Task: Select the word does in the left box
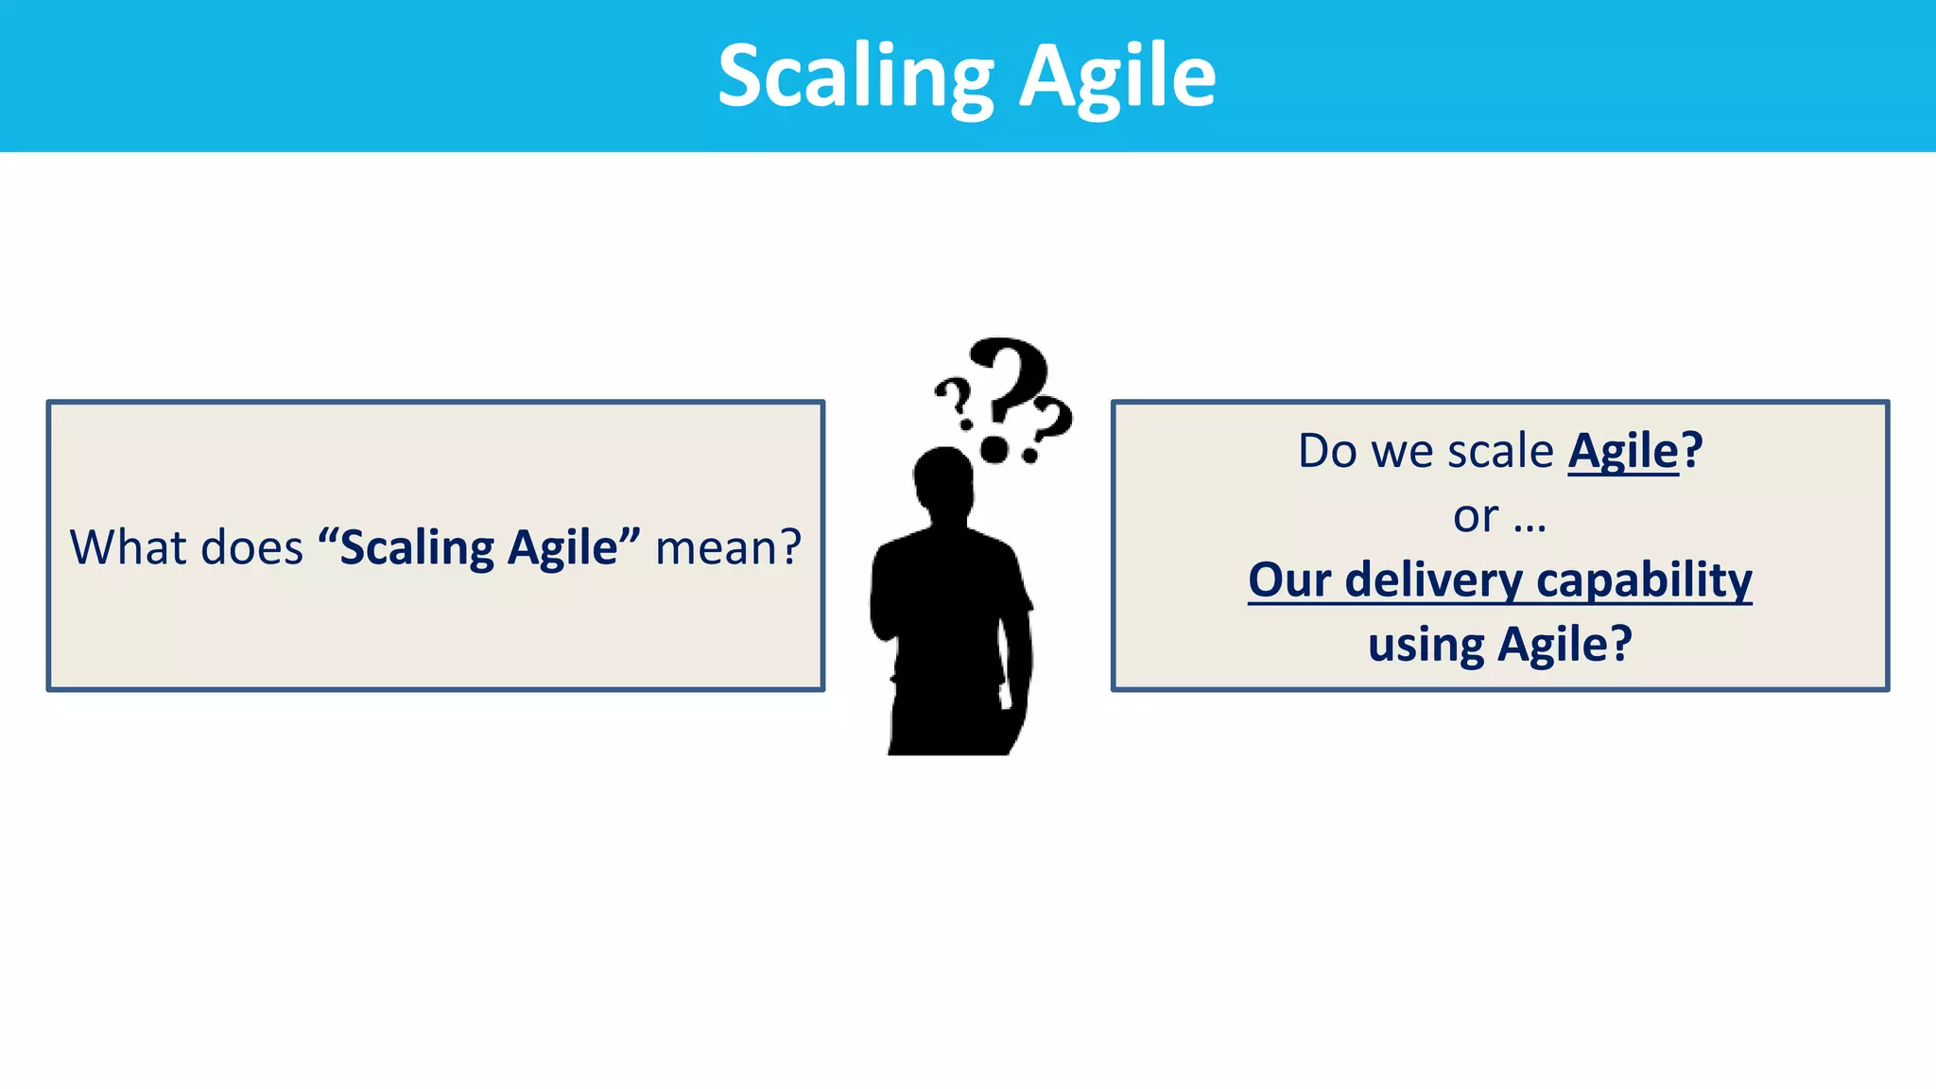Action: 251,547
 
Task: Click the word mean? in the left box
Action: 728,547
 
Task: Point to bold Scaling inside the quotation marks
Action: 417,548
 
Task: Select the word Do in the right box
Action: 1327,451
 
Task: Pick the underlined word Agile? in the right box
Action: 1633,451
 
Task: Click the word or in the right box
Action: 1475,516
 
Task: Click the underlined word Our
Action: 1288,579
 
